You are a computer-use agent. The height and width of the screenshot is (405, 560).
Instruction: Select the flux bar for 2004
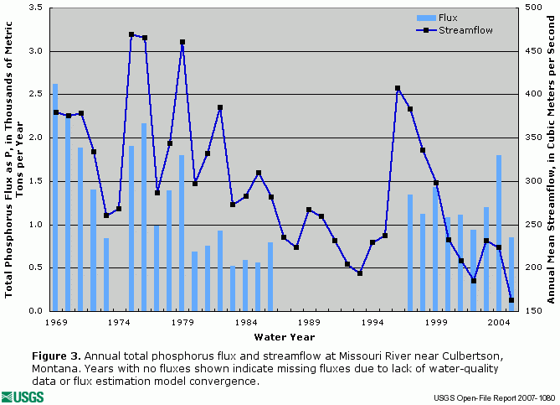coord(499,233)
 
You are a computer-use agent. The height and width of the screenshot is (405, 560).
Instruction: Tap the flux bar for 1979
coord(182,233)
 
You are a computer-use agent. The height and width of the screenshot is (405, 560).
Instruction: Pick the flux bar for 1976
coord(144,217)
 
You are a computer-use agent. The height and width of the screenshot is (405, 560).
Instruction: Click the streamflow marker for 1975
coord(131,34)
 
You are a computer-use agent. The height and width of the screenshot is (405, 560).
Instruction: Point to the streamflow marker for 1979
coord(182,42)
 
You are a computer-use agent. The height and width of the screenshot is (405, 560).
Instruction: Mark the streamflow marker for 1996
coord(398,88)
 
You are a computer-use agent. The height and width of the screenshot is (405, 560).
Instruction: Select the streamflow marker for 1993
coord(360,273)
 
